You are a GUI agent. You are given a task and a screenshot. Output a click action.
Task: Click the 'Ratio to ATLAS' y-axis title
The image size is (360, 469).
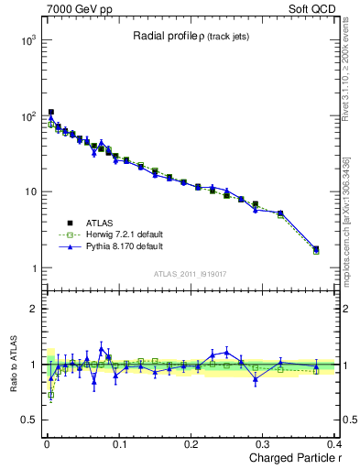pyautogui.click(x=13, y=364)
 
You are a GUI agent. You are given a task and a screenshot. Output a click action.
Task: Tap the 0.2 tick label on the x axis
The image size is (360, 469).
pyautogui.click(x=190, y=444)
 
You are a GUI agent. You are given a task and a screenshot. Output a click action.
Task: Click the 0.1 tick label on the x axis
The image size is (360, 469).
pyautogui.click(x=117, y=444)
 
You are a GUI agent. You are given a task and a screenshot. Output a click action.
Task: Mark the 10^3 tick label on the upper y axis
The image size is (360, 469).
pyautogui.click(x=27, y=41)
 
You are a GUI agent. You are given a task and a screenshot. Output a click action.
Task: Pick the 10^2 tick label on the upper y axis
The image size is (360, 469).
pyautogui.click(x=27, y=117)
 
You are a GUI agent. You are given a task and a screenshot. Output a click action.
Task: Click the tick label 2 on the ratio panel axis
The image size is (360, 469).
pyautogui.click(x=34, y=309)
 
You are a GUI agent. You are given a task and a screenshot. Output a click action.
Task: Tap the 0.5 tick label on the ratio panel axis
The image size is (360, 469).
pyautogui.click(x=29, y=420)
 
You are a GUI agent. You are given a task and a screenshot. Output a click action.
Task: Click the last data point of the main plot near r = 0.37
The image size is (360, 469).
pyautogui.click(x=316, y=248)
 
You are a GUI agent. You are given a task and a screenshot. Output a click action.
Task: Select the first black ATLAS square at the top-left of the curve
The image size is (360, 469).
pyautogui.click(x=51, y=113)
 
